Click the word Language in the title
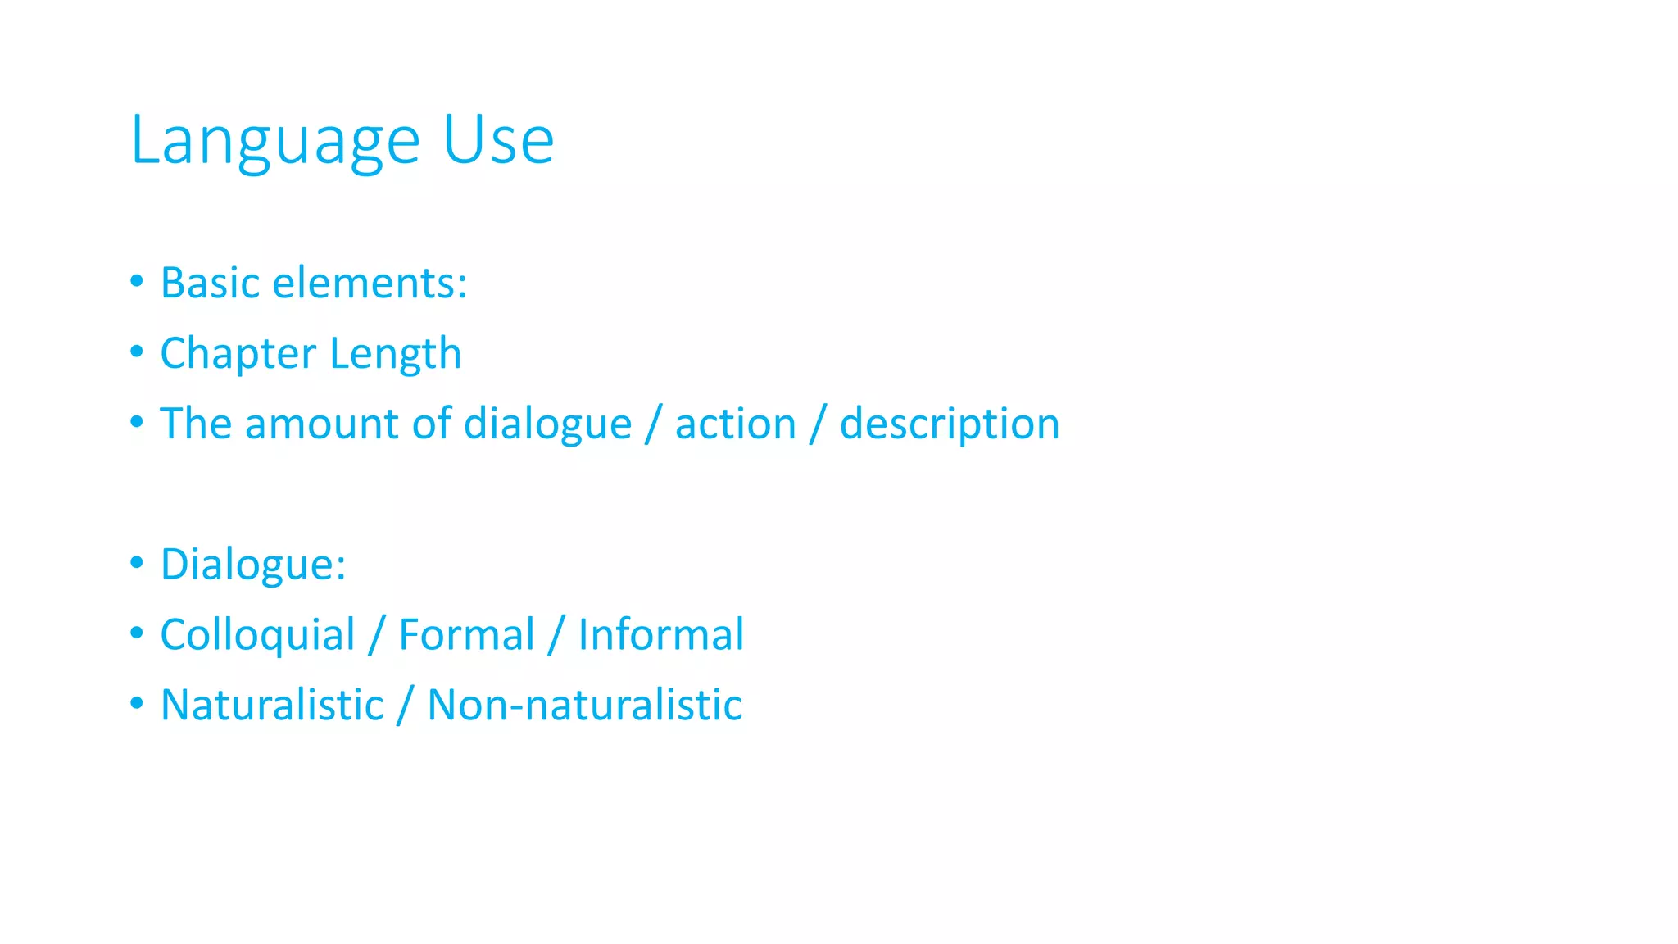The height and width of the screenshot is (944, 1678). pyautogui.click(x=275, y=141)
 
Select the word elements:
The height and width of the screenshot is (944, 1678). pyautogui.click(x=370, y=284)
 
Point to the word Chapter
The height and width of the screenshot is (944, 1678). pyautogui.click(x=238, y=354)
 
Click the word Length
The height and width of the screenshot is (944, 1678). pyautogui.click(x=396, y=354)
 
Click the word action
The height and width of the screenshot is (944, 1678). pyautogui.click(x=735, y=424)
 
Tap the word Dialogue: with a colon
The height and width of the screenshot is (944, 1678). pyautogui.click(x=253, y=565)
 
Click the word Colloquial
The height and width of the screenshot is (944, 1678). pyautogui.click(x=257, y=636)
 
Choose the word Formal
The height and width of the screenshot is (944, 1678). pyautogui.click(x=466, y=636)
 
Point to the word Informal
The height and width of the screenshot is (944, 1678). pyautogui.click(x=661, y=636)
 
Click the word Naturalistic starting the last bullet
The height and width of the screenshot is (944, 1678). pyautogui.click(x=272, y=706)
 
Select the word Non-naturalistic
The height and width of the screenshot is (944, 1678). pyautogui.click(x=585, y=706)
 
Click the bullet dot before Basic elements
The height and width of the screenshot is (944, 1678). pyautogui.click(x=137, y=282)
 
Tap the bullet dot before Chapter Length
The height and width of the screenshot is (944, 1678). pyautogui.click(x=137, y=352)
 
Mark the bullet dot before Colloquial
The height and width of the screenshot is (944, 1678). pyautogui.click(x=137, y=633)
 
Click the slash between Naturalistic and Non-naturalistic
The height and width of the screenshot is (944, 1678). pyautogui.click(x=404, y=706)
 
